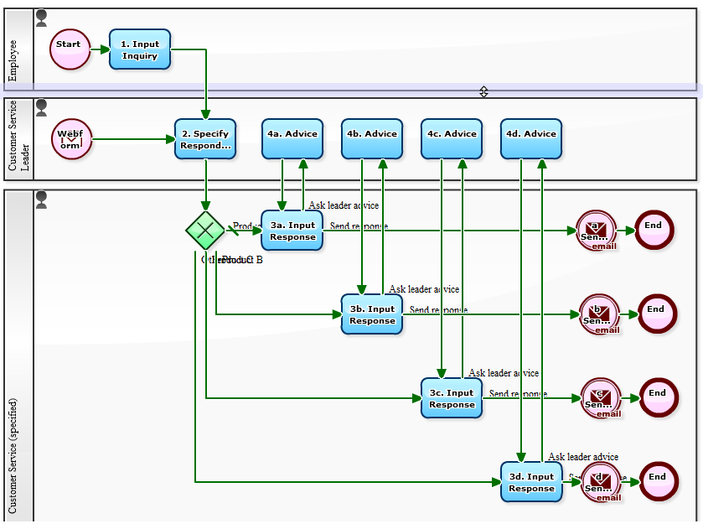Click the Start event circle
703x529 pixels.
(70, 49)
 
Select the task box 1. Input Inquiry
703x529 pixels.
(140, 49)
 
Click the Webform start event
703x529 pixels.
(71, 138)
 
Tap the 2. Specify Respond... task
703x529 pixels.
(205, 138)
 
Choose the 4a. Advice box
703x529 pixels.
(292, 138)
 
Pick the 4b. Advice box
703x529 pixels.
(372, 138)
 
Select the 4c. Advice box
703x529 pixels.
(452, 138)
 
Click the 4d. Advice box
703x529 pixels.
(531, 138)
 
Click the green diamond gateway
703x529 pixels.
(205, 230)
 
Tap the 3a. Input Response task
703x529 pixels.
(292, 230)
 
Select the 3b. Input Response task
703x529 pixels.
(372, 314)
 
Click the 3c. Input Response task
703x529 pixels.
(452, 398)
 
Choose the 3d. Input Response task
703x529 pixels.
(531, 482)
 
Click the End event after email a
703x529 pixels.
(654, 230)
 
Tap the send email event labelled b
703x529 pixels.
(598, 314)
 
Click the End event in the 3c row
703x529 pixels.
(658, 398)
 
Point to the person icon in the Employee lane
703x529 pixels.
(42, 18)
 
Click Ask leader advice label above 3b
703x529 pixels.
(423, 289)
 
